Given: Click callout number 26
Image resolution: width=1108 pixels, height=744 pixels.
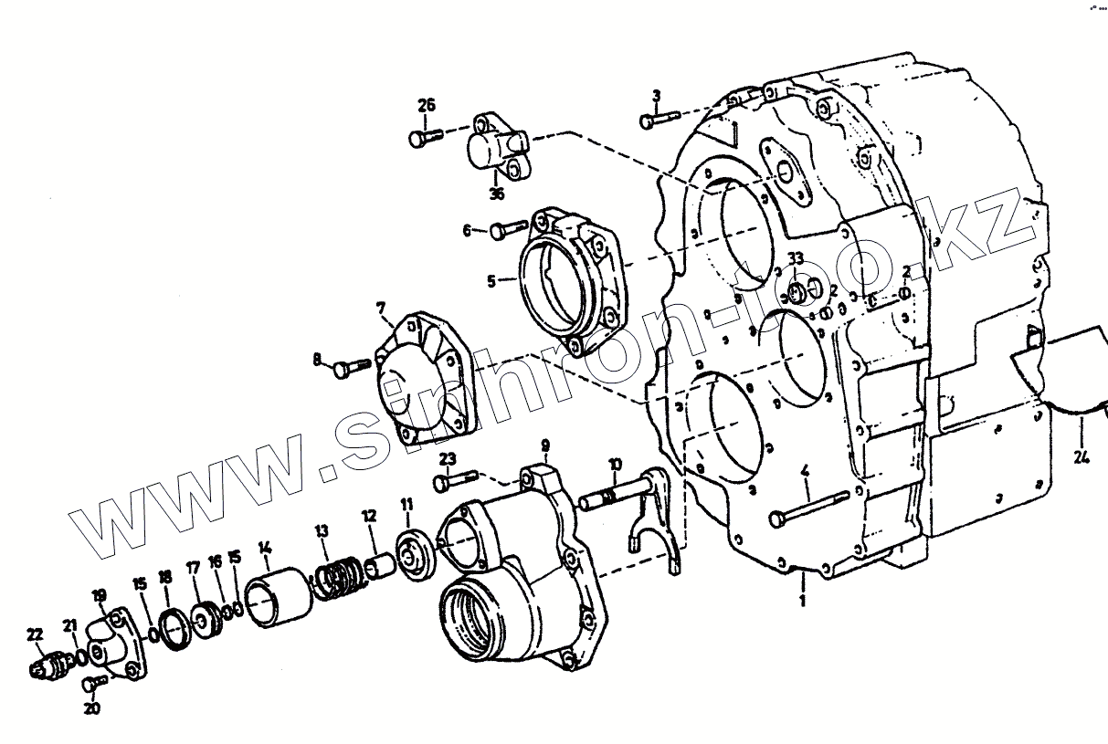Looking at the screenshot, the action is (427, 105).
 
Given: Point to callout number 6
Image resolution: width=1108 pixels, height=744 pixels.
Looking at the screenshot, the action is (468, 231).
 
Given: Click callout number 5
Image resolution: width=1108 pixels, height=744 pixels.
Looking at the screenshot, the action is (491, 281).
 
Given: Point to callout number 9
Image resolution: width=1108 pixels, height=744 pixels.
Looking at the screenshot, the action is (544, 446).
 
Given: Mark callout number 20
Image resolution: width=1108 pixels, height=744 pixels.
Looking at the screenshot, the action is (92, 707).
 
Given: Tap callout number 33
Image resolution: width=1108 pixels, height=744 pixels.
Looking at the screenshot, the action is (796, 259).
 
